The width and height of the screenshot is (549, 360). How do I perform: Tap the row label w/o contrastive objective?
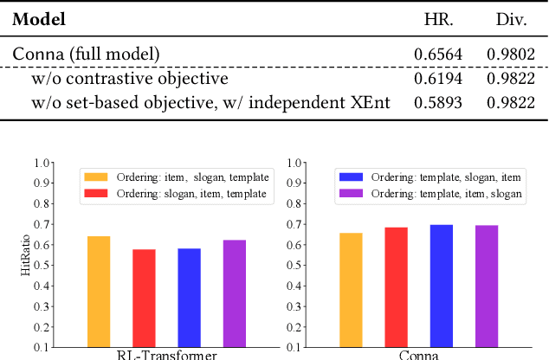[129, 79]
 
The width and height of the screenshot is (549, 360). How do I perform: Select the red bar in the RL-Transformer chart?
[145, 299]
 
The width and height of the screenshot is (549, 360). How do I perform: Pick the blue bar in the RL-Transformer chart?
[189, 298]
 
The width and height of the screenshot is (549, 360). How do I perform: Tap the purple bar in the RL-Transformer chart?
[234, 293]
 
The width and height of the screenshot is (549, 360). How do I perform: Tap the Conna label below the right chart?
[419, 355]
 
